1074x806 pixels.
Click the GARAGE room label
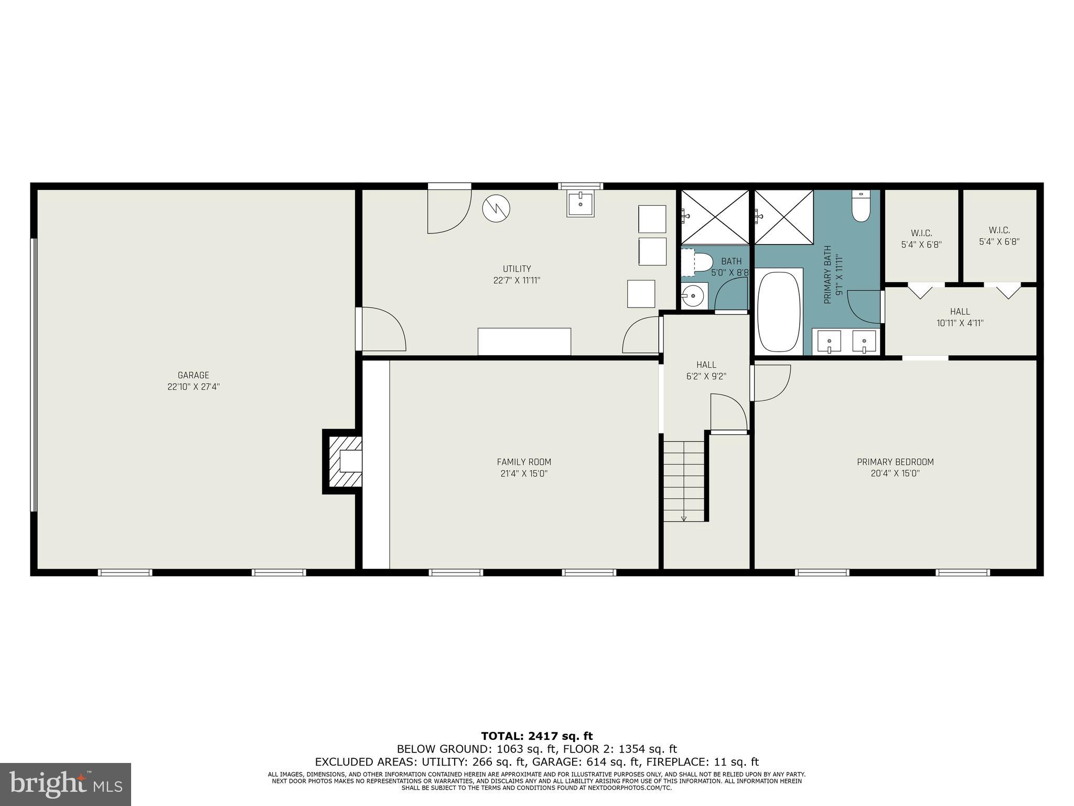pos(194,375)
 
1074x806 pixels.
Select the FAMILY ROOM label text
pos(524,462)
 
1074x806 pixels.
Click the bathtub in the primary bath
pos(779,312)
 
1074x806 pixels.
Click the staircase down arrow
pos(684,518)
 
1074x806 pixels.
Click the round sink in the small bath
pos(694,296)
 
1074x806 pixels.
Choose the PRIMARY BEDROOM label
pos(895,462)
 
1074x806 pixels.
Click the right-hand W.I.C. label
pos(999,230)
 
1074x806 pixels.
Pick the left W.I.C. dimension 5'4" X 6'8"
pos(921,245)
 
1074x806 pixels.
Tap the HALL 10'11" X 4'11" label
pos(960,317)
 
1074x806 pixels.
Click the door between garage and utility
pos(383,330)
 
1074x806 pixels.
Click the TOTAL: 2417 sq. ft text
pos(536,736)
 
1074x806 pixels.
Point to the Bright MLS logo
pos(66,784)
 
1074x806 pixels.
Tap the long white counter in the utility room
pos(524,342)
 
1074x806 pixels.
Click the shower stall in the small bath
pos(715,217)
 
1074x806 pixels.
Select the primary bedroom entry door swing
pos(771,383)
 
